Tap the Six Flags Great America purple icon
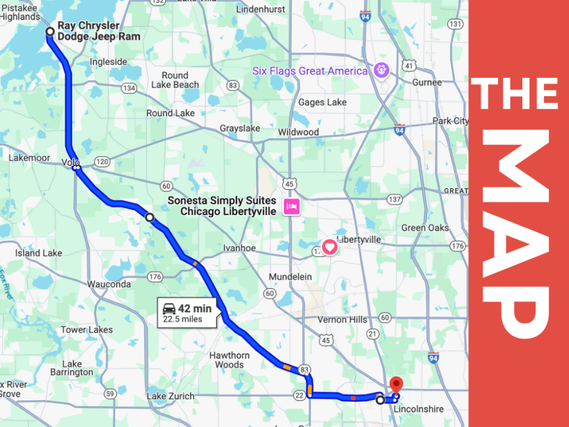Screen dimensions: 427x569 (381, 71)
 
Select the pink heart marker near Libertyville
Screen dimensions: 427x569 (329, 247)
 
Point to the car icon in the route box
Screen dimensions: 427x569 (169, 309)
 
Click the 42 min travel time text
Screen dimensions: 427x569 (195, 309)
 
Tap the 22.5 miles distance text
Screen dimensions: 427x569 (183, 319)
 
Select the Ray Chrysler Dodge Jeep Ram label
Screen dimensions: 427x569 (98, 31)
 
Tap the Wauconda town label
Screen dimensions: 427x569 (108, 284)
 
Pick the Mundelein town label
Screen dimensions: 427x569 (290, 277)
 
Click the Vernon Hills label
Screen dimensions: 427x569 (342, 319)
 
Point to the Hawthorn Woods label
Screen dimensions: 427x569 (229, 360)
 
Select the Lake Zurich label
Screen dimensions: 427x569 (170, 396)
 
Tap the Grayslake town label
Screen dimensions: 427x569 (240, 129)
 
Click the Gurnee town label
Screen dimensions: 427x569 (427, 83)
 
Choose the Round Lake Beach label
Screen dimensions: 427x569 (175, 80)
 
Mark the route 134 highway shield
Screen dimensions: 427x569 (129, 88)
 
